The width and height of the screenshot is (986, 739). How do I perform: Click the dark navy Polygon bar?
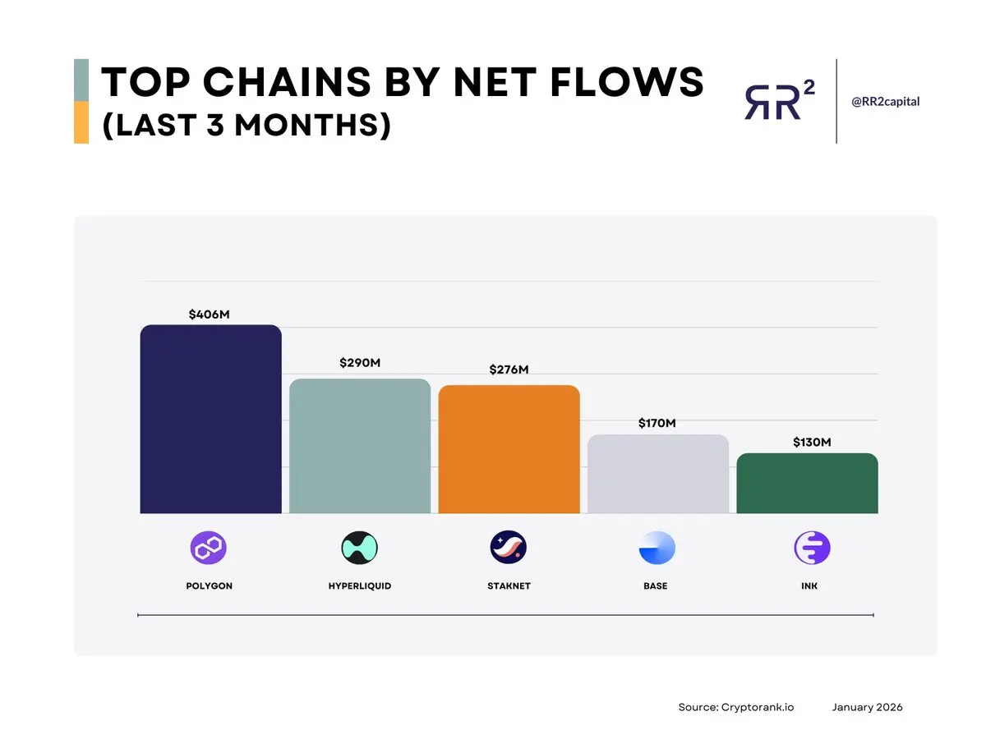210,420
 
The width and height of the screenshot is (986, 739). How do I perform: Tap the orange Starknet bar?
509,449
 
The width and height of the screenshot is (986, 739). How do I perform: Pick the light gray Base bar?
658,474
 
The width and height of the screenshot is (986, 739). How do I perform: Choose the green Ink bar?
807,484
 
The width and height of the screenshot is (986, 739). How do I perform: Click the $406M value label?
209,314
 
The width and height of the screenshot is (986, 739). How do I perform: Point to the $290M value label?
360,363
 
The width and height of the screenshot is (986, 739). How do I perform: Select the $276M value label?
509,369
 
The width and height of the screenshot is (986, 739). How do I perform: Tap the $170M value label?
657,424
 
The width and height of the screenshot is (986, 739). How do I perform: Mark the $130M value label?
812,443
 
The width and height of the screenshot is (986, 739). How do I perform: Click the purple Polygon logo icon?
209,548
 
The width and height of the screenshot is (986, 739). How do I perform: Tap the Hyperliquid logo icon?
359,548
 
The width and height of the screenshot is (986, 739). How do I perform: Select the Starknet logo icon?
509,548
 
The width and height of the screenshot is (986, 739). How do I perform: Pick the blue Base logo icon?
657,548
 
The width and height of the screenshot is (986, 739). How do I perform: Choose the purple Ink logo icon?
812,548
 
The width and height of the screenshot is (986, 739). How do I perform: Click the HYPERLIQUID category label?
359,586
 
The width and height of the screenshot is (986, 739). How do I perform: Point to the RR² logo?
779,101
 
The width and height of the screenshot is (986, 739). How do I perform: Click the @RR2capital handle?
885,102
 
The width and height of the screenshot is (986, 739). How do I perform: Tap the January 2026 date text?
867,707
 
